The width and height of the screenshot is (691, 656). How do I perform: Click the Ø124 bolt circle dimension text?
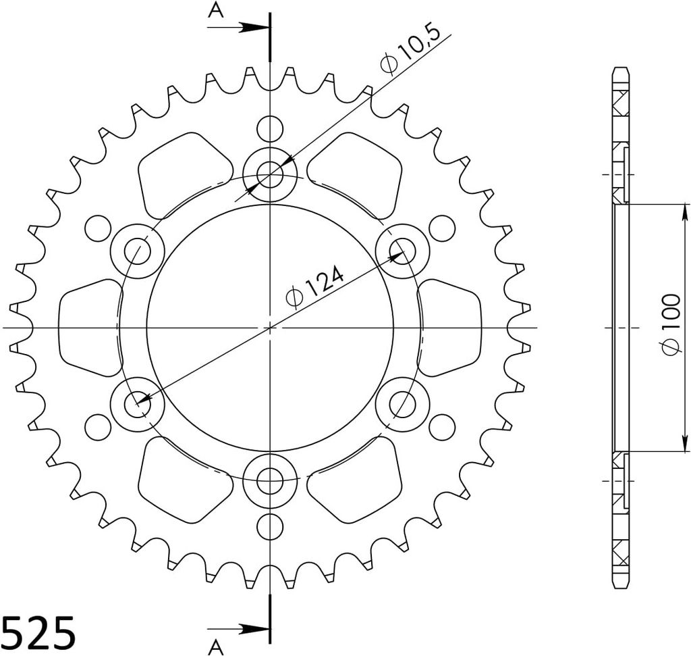coord(314,286)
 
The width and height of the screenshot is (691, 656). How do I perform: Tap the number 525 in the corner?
coord(38,632)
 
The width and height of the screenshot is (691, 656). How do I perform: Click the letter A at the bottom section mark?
coord(216,648)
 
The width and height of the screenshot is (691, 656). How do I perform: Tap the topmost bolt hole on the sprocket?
coord(270,174)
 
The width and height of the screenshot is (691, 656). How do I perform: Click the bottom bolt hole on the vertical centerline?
coord(270,480)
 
